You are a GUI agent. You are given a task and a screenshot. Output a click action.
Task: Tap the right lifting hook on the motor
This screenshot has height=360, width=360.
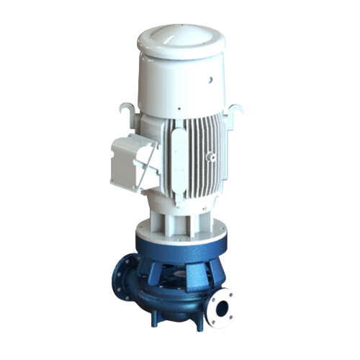point(236,110)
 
